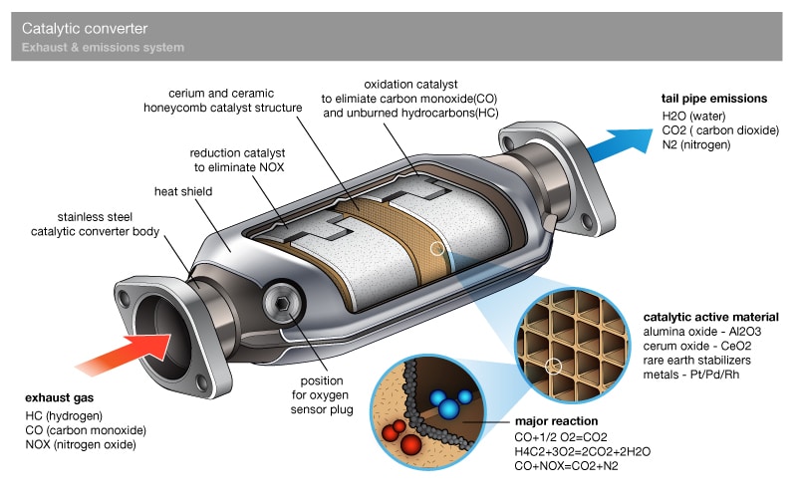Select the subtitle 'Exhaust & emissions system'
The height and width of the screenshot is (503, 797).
click(103, 48)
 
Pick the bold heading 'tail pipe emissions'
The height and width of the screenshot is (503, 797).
click(714, 99)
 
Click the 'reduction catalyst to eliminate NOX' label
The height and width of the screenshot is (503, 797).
click(238, 160)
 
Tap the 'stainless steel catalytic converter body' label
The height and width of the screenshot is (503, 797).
click(96, 224)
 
